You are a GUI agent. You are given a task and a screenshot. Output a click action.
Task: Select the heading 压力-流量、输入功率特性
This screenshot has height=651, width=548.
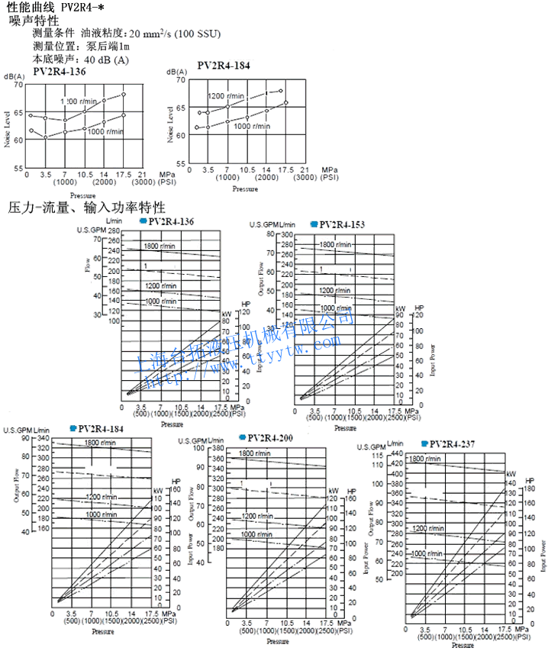click(86, 207)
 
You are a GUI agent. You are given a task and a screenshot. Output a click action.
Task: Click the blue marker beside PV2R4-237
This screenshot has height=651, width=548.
click(424, 443)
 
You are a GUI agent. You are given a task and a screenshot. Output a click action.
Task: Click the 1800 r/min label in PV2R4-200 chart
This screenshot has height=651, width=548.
click(257, 455)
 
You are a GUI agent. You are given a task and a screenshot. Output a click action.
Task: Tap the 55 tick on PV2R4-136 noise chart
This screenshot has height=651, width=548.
click(18, 168)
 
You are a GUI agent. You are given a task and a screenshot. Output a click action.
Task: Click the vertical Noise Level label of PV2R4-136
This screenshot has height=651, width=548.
click(7, 129)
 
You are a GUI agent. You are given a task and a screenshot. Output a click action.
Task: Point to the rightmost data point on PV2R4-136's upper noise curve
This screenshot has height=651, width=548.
click(123, 95)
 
